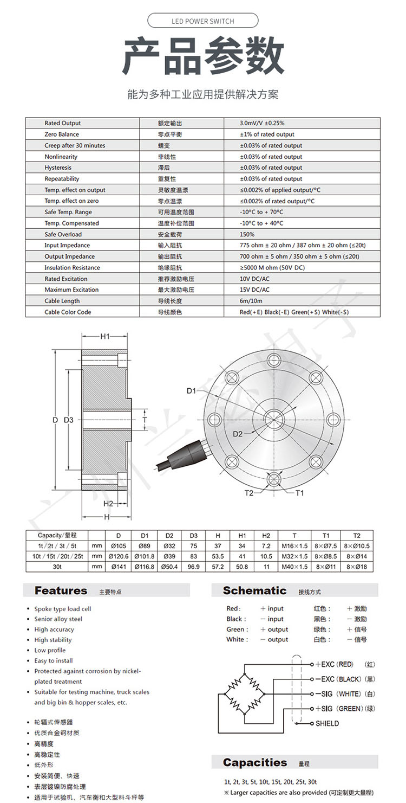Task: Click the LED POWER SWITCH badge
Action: point(203,21)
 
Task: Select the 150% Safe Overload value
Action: point(247,234)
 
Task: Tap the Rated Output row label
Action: point(62,123)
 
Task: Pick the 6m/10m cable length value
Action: point(251,301)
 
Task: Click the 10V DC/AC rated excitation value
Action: point(254,279)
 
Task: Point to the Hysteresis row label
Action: point(58,168)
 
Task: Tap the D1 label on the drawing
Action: point(191,391)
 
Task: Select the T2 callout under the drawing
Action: point(249,493)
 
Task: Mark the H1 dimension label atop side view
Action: point(105,337)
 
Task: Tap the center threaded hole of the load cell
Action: point(274,416)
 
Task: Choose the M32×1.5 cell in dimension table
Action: point(294,556)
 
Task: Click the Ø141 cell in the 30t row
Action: point(119,567)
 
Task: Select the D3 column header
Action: point(194,535)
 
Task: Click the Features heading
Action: point(61,590)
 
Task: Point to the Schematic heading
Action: point(254,590)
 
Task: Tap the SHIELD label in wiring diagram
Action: point(327,723)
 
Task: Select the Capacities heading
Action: point(255,762)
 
